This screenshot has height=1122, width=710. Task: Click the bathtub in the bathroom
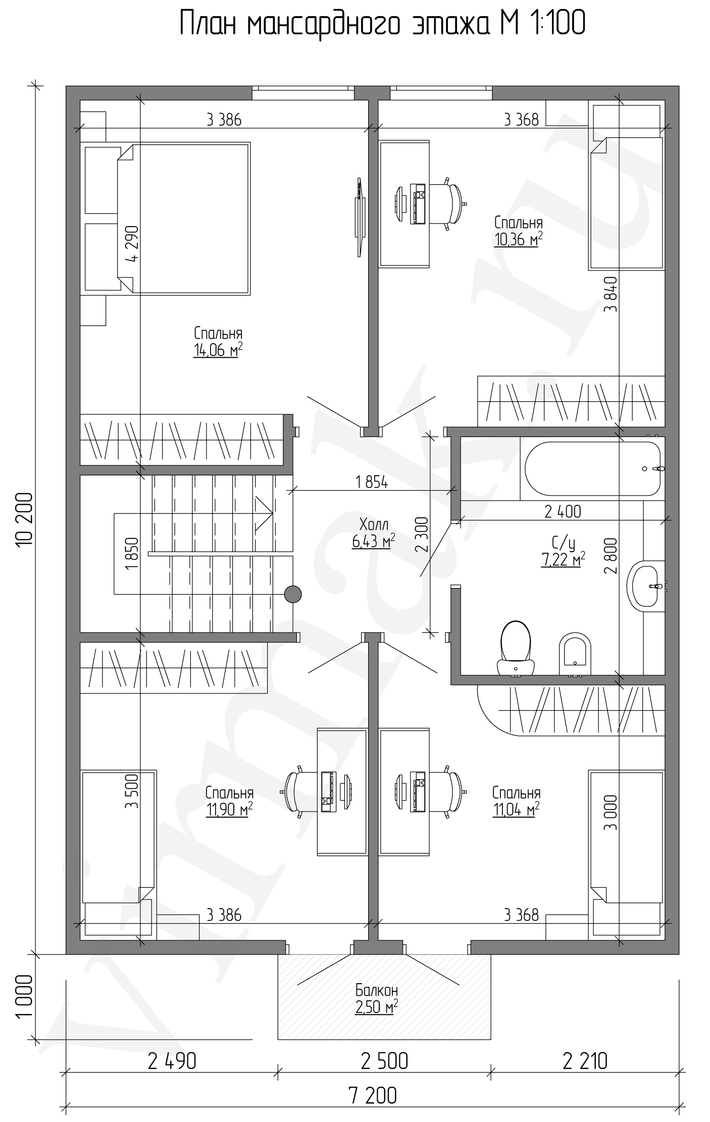click(x=593, y=469)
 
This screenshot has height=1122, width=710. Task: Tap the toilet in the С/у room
click(x=516, y=648)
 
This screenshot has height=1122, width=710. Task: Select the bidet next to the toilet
click(x=575, y=654)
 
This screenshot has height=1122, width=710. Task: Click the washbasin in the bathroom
click(x=646, y=586)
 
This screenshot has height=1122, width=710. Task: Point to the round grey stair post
click(x=293, y=594)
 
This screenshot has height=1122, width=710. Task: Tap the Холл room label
click(x=374, y=523)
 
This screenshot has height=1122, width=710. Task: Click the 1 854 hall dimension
click(x=372, y=483)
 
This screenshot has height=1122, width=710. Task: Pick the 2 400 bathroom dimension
click(x=563, y=512)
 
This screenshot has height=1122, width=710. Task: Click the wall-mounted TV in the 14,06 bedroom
click(x=359, y=217)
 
